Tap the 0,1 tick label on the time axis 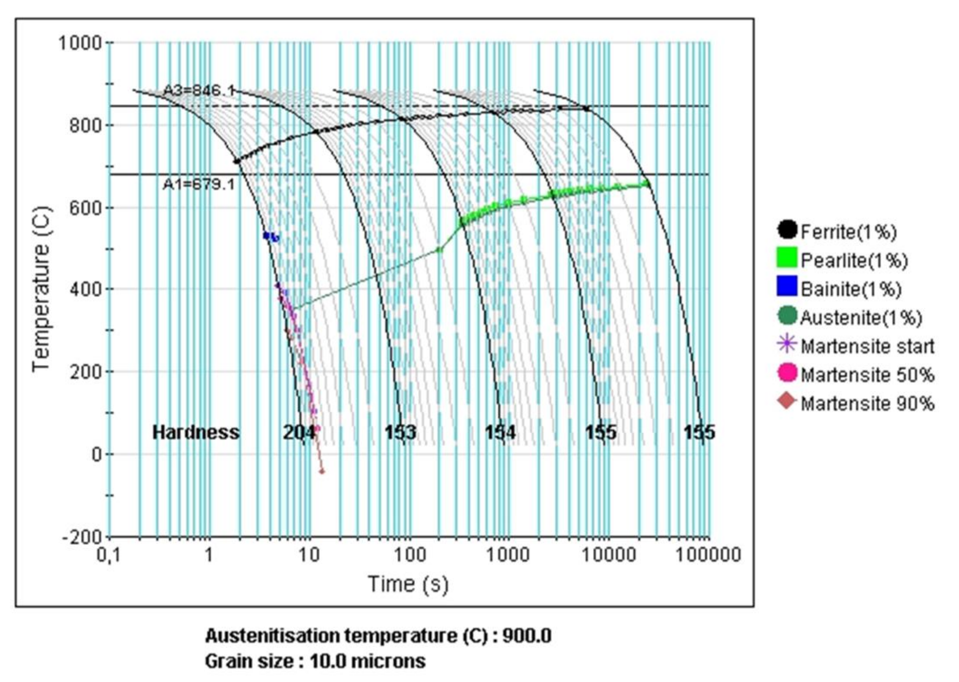coord(108,555)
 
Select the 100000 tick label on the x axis coord(707,555)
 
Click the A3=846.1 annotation coord(199,90)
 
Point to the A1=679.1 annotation coord(199,184)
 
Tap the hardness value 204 coord(298,432)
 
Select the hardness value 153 coord(400,432)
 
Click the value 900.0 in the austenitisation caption coord(527,636)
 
